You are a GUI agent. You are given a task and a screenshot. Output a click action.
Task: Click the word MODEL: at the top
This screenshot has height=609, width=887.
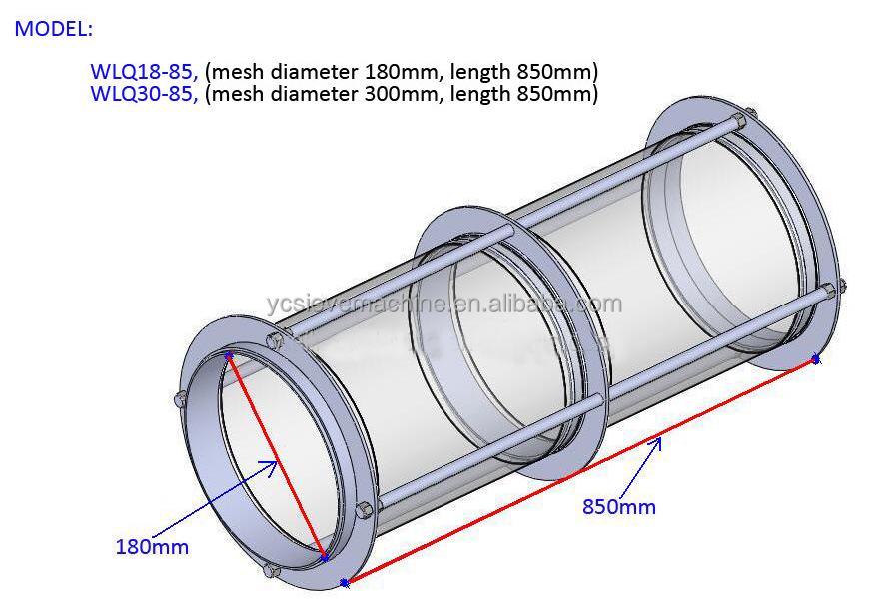point(53,29)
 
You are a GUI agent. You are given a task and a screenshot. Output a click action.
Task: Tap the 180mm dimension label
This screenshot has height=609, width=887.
point(152,547)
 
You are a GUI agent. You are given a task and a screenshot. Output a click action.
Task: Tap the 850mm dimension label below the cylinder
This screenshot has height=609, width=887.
point(619,507)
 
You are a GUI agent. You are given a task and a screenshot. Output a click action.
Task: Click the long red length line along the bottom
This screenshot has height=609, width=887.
point(579,470)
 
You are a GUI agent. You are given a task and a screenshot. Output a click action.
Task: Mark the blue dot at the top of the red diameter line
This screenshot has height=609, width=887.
point(230,354)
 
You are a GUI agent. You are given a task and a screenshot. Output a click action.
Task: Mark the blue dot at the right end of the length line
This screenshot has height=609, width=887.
point(816,358)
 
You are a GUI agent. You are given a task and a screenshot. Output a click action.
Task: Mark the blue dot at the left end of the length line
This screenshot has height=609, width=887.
point(344,582)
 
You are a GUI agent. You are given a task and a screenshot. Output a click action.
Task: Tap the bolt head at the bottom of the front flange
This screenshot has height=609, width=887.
point(267,571)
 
